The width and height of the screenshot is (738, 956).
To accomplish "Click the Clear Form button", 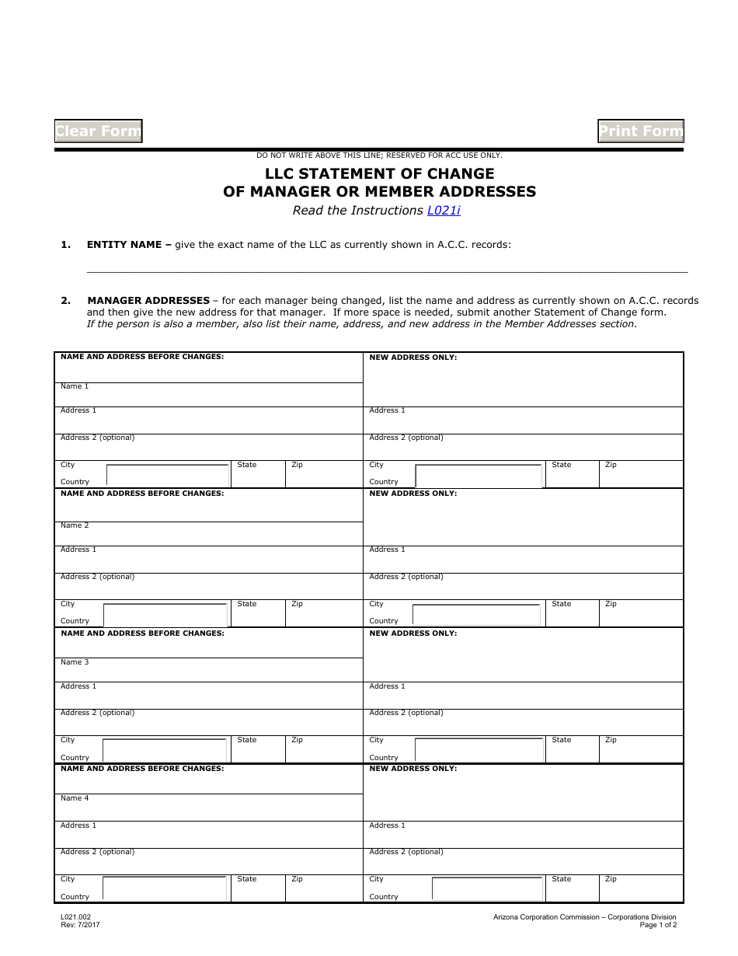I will (x=98, y=131).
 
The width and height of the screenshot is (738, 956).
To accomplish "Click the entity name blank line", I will (x=386, y=267).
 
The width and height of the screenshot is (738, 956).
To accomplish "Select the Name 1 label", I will (x=75, y=386).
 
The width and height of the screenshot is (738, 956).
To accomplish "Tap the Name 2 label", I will (x=75, y=525).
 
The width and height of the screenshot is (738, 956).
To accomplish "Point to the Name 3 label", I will (x=75, y=662).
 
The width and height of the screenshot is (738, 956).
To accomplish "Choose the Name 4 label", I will (x=75, y=798).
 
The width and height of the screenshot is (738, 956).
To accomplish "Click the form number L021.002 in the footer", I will (x=75, y=917).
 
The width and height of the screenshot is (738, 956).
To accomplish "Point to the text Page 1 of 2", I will (x=658, y=925).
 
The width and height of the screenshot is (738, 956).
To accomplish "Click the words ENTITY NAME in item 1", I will (x=127, y=245).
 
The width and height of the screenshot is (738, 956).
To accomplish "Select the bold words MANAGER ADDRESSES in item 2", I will (x=148, y=300).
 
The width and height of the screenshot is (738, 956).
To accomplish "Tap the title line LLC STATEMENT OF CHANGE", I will (x=379, y=173).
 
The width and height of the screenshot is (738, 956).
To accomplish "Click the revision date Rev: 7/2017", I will (x=80, y=925).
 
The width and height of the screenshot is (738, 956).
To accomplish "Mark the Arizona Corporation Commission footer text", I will (x=584, y=917).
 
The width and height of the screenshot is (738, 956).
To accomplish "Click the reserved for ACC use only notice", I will (x=379, y=155).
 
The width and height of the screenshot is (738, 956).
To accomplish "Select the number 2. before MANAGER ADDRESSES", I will (x=66, y=300).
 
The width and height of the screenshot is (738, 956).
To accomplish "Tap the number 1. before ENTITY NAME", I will (x=66, y=245).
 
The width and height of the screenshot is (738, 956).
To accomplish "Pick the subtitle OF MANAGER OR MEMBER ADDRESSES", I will (x=379, y=192).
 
